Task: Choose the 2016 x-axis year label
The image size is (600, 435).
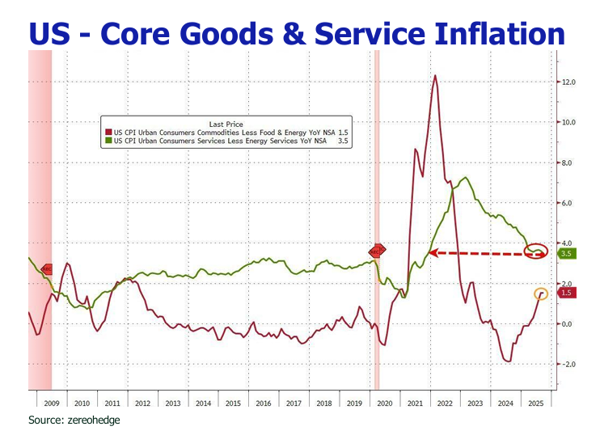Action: [263, 402]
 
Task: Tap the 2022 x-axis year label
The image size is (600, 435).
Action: [446, 402]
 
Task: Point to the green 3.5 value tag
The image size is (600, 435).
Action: [565, 253]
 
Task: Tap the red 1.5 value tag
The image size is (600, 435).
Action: [565, 294]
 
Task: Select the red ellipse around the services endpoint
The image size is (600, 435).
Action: [535, 251]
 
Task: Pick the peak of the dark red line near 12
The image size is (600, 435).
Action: [436, 76]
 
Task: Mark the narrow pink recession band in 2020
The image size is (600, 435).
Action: [376, 218]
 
